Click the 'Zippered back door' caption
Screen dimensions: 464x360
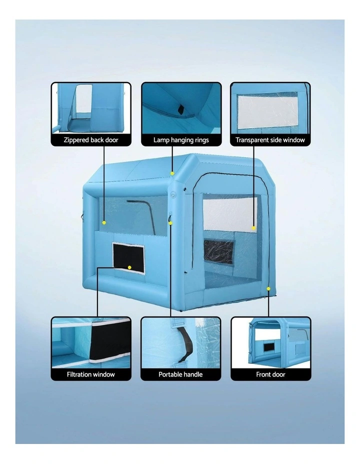point(91,140)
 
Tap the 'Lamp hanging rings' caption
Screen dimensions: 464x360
point(181,140)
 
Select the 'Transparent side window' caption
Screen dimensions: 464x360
point(270,140)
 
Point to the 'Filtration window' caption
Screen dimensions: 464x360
point(91,374)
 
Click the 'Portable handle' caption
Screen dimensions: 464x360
point(180,374)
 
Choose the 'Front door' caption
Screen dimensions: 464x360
point(270,374)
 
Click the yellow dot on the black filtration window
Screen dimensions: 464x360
point(129,267)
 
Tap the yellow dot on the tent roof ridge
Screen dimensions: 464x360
point(172,173)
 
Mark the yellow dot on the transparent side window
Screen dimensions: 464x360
point(253,228)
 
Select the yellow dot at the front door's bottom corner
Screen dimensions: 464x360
point(268,288)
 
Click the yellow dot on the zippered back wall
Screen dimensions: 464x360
point(104,222)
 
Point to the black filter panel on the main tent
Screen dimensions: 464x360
point(128,257)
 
